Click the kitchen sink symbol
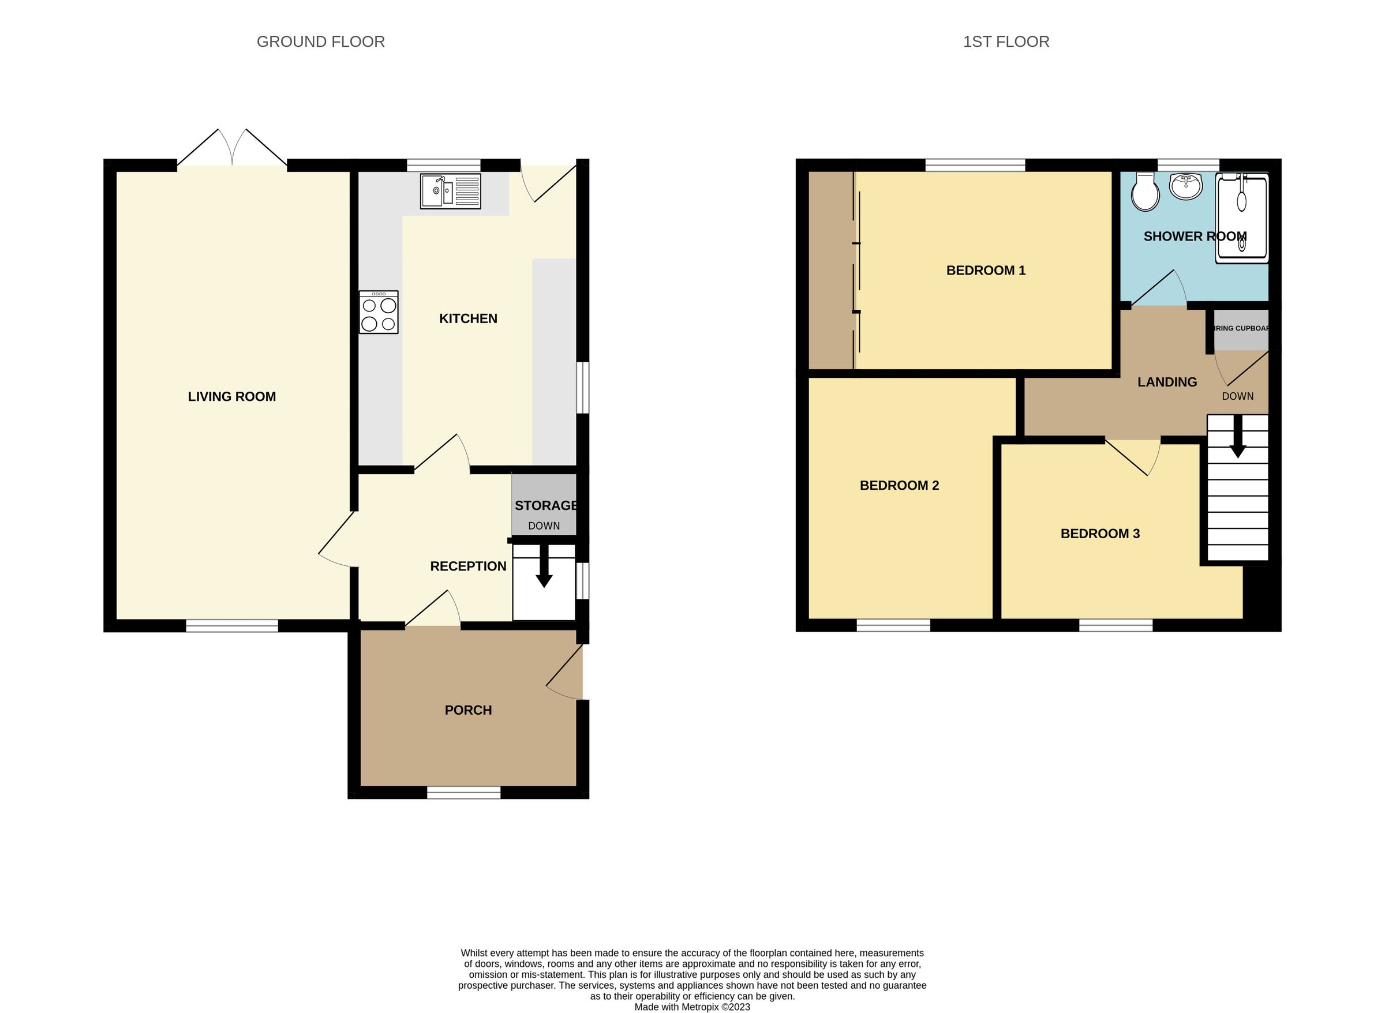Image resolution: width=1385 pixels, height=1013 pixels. tap(451, 191)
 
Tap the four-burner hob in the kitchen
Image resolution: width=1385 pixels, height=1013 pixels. tap(379, 312)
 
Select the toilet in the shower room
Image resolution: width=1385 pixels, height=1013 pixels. tap(1144, 192)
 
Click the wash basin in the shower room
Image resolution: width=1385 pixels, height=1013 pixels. tap(1186, 186)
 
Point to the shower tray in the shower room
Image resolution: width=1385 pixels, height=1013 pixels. tap(1241, 218)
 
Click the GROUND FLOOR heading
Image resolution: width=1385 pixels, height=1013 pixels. tap(320, 42)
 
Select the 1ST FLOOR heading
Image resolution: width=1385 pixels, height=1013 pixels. tap(1006, 42)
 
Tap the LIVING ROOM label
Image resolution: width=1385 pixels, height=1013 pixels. tap(232, 397)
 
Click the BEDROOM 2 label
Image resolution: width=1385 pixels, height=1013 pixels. tap(899, 486)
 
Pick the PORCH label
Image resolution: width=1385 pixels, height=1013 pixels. tap(468, 710)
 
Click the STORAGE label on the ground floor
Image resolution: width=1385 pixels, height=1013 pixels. tap(545, 506)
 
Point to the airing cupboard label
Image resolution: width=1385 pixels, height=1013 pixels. tap(1241, 329)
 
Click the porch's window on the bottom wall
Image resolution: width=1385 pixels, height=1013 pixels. tap(464, 793)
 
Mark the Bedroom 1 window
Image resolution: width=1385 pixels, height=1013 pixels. tap(975, 164)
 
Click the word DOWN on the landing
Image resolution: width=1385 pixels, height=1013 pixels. tap(1237, 397)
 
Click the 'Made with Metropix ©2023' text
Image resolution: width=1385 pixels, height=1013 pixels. tap(692, 1007)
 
